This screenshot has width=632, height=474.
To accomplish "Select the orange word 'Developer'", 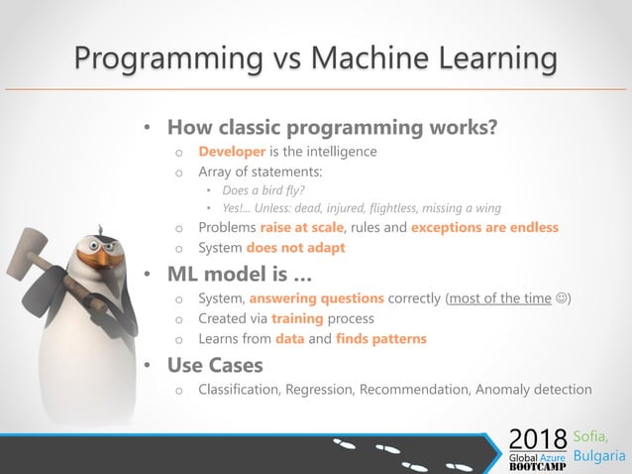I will click(232, 152).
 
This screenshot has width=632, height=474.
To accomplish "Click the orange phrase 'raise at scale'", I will click(303, 227).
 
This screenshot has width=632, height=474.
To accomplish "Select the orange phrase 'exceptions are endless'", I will click(483, 227).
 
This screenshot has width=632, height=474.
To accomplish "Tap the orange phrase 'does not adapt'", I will click(297, 247).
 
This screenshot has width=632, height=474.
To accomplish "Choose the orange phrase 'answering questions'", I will click(315, 298).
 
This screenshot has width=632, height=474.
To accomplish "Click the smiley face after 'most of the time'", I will click(562, 298).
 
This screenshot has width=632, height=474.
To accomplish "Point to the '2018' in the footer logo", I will click(538, 437).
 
